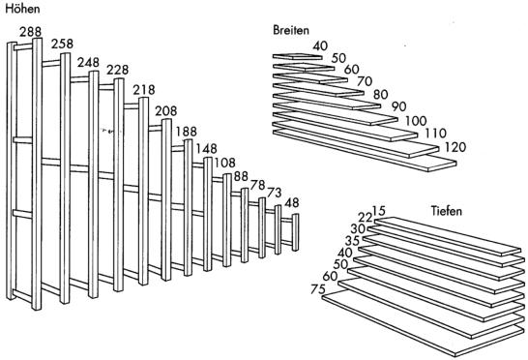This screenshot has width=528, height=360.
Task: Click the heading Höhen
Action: click(x=22, y=9)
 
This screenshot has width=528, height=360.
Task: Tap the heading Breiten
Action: click(x=291, y=30)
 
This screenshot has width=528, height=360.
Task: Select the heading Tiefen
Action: click(x=447, y=211)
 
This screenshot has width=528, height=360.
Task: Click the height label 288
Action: click(x=30, y=32)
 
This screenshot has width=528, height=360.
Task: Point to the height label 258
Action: click(x=62, y=44)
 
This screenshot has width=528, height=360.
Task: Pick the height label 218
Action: click(x=144, y=90)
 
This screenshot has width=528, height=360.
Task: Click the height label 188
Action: click(x=187, y=132)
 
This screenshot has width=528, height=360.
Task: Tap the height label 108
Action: click(x=225, y=163)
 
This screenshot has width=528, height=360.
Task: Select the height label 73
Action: click(x=274, y=193)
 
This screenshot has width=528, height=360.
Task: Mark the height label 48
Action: click(x=292, y=202)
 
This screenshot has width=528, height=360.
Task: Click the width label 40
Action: click(x=320, y=45)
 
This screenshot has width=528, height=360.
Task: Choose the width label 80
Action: click(x=380, y=95)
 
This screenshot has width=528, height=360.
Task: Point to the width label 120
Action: click(x=455, y=147)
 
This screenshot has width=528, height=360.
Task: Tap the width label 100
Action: click(x=416, y=121)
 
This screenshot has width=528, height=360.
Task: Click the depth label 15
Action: click(x=379, y=211)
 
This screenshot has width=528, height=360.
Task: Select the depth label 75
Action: click(x=318, y=289)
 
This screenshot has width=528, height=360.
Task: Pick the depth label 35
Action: click(x=353, y=241)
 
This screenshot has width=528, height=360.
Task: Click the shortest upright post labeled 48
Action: click(x=295, y=232)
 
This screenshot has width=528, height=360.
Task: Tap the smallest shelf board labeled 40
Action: click(x=297, y=57)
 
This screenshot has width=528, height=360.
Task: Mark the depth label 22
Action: click(x=365, y=218)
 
